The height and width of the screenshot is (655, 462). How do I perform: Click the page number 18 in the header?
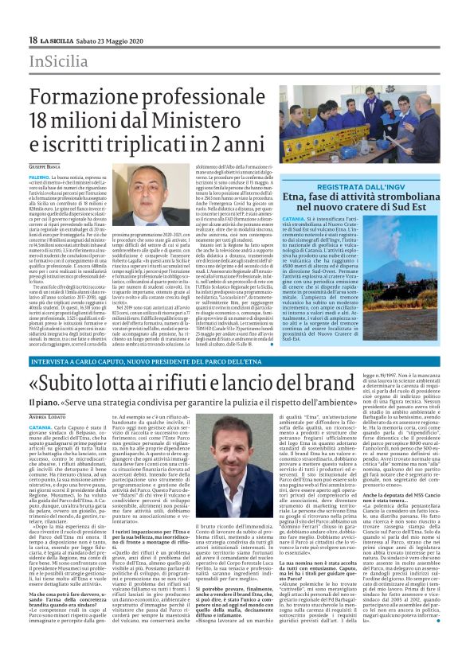[33, 39]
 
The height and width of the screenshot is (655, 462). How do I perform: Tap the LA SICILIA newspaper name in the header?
[61, 39]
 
